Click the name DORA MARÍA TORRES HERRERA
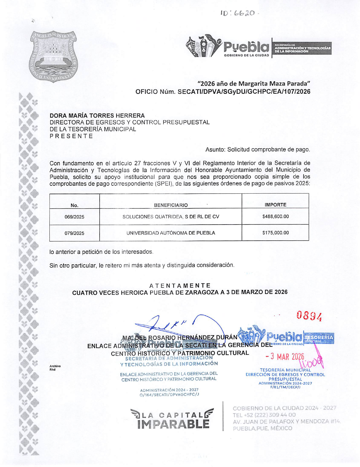pos(97,116)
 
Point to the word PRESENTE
pos(71,136)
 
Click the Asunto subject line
pos(257,149)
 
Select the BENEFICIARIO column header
pos(170,205)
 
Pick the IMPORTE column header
pos(275,205)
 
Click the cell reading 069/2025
pos(74,217)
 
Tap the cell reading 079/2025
pos(74,233)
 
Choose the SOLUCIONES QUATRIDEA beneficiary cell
pos(170,217)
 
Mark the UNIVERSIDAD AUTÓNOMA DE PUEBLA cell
pos(170,233)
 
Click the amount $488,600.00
pos(275,217)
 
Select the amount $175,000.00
pos(275,233)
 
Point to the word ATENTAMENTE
pos(180,285)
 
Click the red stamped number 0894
pos(309,316)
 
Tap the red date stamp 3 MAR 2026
pos(285,357)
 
